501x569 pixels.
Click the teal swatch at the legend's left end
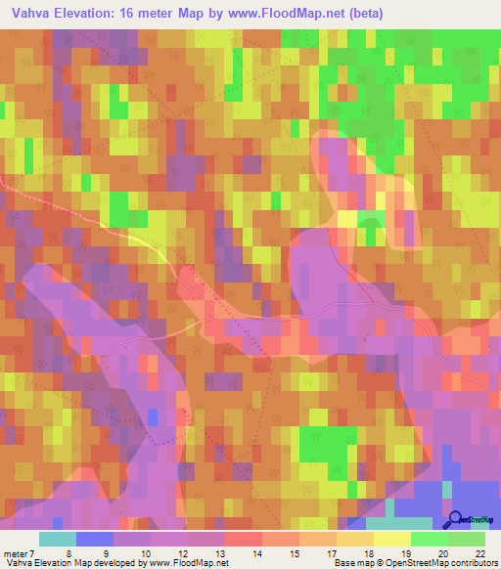(58, 539)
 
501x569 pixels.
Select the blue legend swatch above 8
(95, 539)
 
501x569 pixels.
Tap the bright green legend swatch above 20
(430, 539)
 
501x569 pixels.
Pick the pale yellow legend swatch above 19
(392, 539)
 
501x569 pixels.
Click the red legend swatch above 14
(244, 539)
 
